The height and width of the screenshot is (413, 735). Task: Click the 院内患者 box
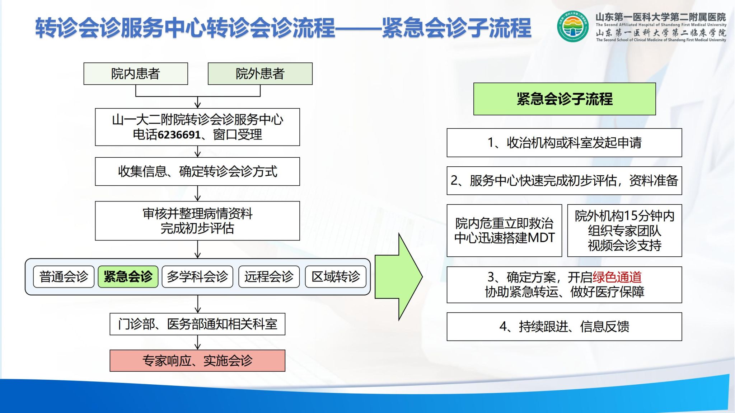(136, 74)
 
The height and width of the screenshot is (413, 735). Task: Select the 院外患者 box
(260, 74)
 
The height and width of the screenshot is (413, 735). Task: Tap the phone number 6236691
(179, 135)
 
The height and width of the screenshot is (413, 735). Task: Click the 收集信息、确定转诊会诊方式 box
(197, 171)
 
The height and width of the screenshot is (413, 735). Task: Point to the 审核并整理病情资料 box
(197, 221)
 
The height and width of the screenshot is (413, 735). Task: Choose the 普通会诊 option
(64, 277)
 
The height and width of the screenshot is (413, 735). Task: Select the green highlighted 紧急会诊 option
(128, 277)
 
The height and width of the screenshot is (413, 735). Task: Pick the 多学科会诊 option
(197, 277)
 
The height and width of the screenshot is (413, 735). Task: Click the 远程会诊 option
(269, 277)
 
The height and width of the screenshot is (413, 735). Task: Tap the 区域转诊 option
(336, 277)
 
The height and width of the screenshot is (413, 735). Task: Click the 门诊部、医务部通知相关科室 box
(197, 324)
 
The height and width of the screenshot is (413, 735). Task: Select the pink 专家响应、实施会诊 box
(197, 361)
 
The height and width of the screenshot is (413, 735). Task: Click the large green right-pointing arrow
(399, 277)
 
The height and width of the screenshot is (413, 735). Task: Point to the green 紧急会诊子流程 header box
(565, 99)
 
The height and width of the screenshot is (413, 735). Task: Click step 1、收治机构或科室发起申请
(564, 143)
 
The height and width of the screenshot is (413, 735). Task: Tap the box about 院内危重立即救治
(504, 231)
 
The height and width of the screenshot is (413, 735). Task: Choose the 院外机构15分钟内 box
(624, 231)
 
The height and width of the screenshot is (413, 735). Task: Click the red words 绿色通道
(617, 277)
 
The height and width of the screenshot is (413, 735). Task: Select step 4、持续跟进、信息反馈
(564, 327)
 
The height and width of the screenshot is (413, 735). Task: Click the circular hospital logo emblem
(573, 27)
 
